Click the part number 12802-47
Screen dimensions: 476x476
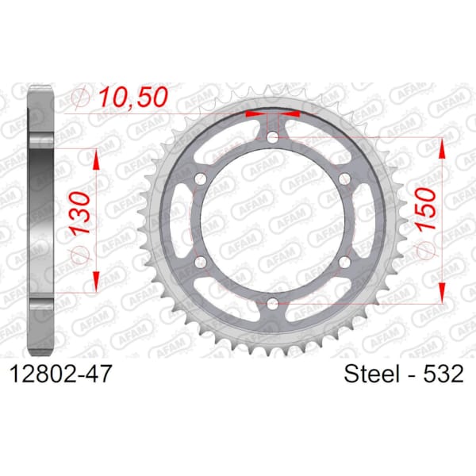coord(61,374)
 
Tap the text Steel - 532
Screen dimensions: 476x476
coord(404,374)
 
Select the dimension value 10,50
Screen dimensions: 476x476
coord(132,97)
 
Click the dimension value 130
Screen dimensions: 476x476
coord(81,213)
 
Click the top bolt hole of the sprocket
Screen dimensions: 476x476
coord(273,137)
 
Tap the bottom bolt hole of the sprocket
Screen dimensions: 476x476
coord(273,302)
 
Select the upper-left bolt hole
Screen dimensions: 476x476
coord(201,178)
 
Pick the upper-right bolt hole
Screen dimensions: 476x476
coord(344,178)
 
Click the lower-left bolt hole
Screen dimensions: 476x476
coord(201,261)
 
